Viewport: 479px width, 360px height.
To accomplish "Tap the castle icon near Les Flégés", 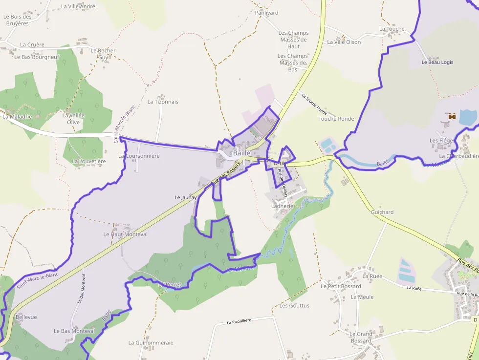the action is [451, 116].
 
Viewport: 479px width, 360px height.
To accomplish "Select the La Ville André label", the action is [78, 7].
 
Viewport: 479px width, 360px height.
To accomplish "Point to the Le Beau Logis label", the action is [437, 63].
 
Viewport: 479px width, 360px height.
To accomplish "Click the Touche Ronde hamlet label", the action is [336, 119].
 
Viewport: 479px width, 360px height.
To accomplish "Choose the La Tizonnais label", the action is [163, 102].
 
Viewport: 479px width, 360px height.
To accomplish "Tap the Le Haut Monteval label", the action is [125, 234].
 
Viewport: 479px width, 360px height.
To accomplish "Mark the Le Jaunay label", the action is [185, 197].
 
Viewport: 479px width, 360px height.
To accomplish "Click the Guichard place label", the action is [382, 212].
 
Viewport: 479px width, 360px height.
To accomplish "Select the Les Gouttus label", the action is [294, 306].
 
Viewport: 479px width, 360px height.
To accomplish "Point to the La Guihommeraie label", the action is [151, 343].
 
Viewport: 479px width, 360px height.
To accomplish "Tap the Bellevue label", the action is [26, 317].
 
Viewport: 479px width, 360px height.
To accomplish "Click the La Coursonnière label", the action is [139, 156].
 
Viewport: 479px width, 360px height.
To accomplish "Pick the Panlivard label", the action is [266, 13].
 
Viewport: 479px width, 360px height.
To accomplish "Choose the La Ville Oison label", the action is [344, 42].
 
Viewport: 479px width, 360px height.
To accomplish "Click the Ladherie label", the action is [283, 206].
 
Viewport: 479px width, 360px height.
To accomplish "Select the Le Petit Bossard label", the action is [341, 286].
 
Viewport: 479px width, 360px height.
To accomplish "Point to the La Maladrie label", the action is [17, 117].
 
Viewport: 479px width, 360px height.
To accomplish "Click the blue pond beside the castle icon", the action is [468, 117].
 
